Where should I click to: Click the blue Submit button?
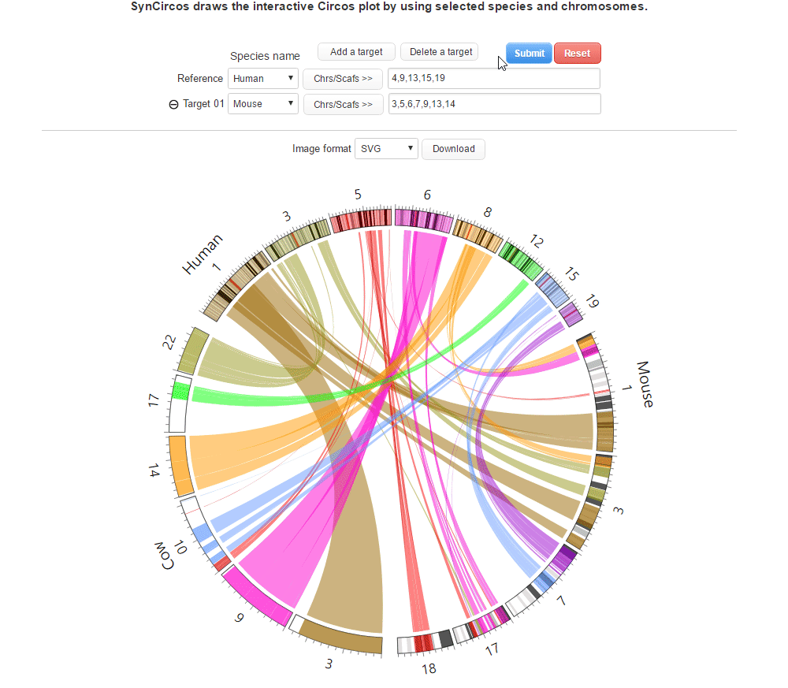[529, 54]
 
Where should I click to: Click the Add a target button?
[356, 52]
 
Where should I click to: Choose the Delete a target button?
[440, 52]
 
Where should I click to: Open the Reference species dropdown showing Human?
[262, 79]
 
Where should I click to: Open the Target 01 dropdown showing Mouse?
[262, 104]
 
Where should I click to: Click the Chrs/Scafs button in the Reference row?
[343, 79]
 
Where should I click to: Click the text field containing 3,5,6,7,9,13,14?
[494, 104]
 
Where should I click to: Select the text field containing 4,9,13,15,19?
[494, 79]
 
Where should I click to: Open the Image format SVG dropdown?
[386, 149]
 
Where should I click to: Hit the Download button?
[453, 149]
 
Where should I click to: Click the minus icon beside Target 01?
[174, 104]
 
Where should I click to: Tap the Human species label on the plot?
[203, 254]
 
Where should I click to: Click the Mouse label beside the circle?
[645, 385]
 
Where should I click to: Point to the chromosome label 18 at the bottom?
[429, 669]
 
